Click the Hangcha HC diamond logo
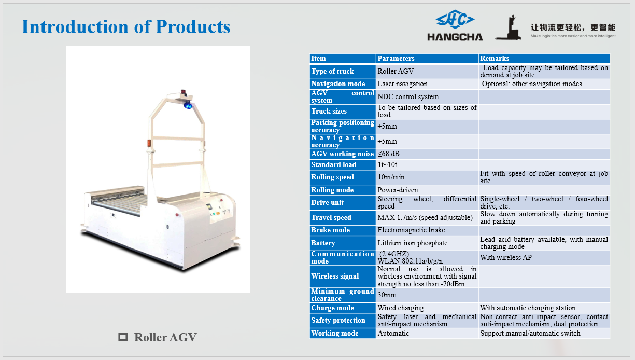click(x=455, y=19)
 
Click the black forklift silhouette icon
click(x=509, y=27)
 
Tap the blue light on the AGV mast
click(x=187, y=105)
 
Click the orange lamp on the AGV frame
click(x=149, y=143)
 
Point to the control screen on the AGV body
click(x=209, y=207)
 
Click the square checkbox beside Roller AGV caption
click(x=123, y=337)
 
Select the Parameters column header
click(x=396, y=58)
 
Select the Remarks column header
click(x=495, y=58)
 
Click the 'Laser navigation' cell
click(x=403, y=84)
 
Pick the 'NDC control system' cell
click(x=408, y=96)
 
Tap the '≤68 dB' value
click(x=388, y=154)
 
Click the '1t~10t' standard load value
click(x=387, y=164)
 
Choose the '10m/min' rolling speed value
click(x=391, y=177)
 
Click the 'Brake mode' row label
click(x=330, y=230)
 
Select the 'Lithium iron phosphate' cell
click(x=413, y=243)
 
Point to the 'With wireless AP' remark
click(x=506, y=257)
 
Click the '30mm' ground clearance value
click(x=387, y=295)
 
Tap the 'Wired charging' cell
click(x=401, y=308)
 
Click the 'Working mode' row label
click(x=335, y=333)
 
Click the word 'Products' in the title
click(x=193, y=26)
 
